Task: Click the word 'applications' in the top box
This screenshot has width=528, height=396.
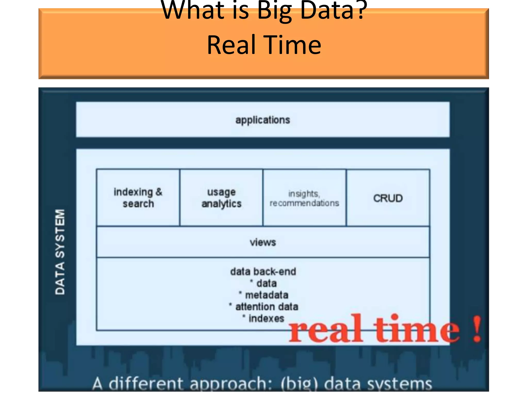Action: (262, 120)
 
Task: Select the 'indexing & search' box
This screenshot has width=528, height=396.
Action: (138, 198)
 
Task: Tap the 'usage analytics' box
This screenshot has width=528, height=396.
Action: (221, 198)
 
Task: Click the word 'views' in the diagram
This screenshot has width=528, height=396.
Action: (263, 242)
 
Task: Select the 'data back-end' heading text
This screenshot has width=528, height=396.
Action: (263, 271)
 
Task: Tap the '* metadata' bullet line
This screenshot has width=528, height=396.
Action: (263, 295)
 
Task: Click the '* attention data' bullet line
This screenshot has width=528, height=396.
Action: (263, 307)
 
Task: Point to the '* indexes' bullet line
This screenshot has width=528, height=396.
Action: (263, 318)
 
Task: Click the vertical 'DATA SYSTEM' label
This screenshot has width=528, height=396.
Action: (60, 252)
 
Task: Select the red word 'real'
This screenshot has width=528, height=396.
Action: (326, 329)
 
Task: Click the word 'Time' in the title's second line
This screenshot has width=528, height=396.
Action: (293, 45)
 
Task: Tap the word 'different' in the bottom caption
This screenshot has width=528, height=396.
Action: (146, 384)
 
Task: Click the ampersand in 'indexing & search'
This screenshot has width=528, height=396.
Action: (159, 192)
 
